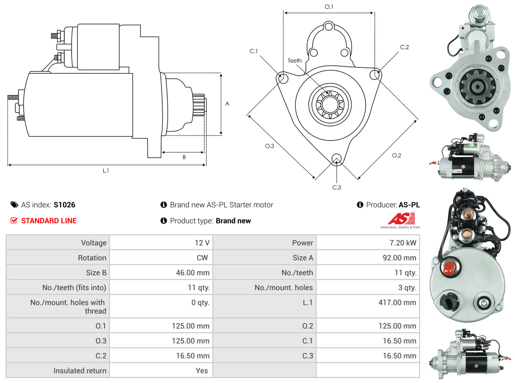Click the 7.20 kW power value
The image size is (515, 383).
coord(402,242)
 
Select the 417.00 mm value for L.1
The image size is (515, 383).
coord(397,302)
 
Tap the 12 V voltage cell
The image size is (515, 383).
coord(202,242)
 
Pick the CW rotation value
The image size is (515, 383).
coord(202,257)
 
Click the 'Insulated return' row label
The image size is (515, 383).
coord(80,370)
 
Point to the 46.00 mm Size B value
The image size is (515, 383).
coord(193,272)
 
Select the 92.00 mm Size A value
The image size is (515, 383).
coord(399,257)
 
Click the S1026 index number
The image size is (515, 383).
coord(64,205)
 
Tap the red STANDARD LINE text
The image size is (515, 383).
coord(49,220)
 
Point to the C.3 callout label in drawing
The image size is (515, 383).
coord(337,187)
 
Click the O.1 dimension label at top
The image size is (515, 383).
coord(329,7)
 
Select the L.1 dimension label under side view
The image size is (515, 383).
coord(106,170)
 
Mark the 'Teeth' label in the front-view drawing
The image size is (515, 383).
coord(295,61)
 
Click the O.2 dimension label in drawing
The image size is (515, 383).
coord(396,155)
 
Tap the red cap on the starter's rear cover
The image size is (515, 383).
coord(448,268)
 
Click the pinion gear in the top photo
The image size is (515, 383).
coord(477,87)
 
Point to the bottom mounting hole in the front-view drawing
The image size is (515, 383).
coord(337,159)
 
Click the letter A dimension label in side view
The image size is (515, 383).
coord(227,104)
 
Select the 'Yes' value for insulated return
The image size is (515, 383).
coord(202,370)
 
